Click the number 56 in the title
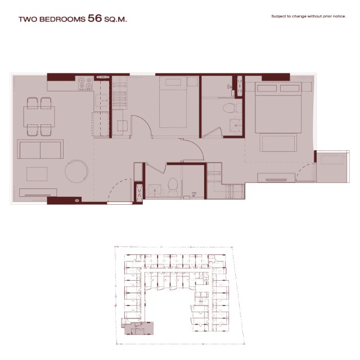coord(94,18)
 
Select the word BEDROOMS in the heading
coord(62,19)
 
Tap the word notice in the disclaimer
coord(339,16)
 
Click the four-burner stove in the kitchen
coord(85,83)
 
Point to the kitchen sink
coord(102,100)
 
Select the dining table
coord(39,116)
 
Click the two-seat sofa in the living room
coord(40,149)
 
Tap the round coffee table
coord(76,171)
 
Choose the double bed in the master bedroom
coord(278,107)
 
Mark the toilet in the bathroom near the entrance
coord(173,187)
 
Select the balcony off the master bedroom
coord(332,166)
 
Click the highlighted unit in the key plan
coord(137,327)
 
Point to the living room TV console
coord(38,192)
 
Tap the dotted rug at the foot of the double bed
coord(278,143)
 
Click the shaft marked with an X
coord(138,193)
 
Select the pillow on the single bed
coord(173,82)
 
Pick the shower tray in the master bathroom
coord(235,125)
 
